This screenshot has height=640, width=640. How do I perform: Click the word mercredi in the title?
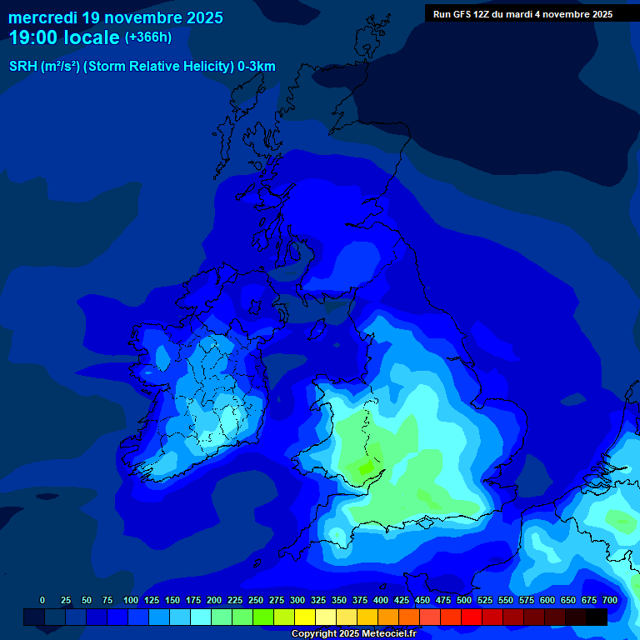click(x=43, y=17)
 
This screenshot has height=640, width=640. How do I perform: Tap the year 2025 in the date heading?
click(x=202, y=17)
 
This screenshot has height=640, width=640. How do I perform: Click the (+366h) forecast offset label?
click(x=147, y=37)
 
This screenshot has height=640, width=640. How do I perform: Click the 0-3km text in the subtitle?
click(x=257, y=67)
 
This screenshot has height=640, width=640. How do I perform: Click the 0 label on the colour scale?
click(x=42, y=600)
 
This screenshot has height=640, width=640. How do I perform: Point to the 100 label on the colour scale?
click(x=131, y=600)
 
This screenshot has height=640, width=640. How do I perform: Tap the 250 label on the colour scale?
click(x=256, y=600)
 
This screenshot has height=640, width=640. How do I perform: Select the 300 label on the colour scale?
click(x=297, y=600)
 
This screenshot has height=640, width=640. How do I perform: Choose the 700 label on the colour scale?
click(x=610, y=600)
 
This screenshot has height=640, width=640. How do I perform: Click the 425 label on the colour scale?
click(x=402, y=600)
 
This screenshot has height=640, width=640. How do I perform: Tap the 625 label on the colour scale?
click(x=547, y=600)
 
